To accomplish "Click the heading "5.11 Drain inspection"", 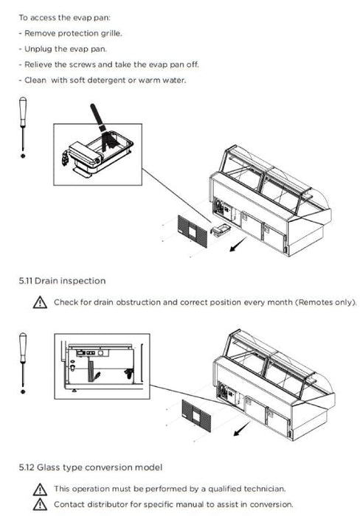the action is click(62, 281).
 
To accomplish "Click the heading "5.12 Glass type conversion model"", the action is click(91, 467).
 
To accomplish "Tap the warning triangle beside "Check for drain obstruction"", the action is click(40, 302).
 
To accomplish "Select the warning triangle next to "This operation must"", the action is click(40, 489).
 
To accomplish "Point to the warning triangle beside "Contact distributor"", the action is click(40, 504).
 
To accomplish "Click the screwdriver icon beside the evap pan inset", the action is click(23, 128).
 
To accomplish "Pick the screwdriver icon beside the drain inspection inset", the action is click(23, 363).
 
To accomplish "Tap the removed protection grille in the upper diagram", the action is click(193, 231).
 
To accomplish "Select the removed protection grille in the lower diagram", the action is click(196, 416).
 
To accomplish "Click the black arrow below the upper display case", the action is click(238, 245).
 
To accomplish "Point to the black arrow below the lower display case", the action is click(242, 429).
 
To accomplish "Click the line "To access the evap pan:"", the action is click(65, 18).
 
